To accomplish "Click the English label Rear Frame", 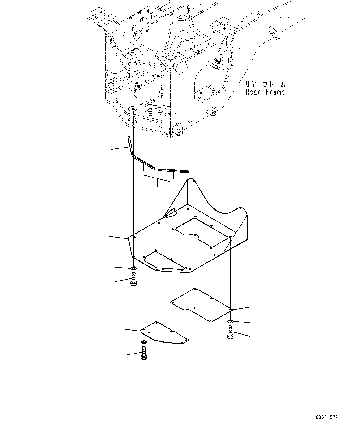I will pyautogui.click(x=265, y=92).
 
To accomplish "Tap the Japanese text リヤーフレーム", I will pyautogui.click(x=265, y=84).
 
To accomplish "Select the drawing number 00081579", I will pyautogui.click(x=327, y=418).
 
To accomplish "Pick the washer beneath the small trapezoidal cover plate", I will pyautogui.click(x=144, y=342).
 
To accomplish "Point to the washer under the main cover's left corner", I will pyautogui.click(x=133, y=268).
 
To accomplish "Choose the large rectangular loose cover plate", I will pyautogui.click(x=201, y=305).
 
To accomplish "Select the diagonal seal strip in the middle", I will pyautogui.click(x=144, y=162).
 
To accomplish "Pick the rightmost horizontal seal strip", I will pyautogui.click(x=173, y=170).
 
